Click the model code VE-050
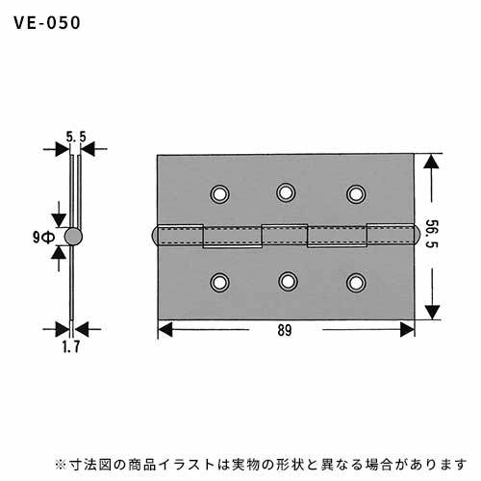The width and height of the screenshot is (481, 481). coord(47,23)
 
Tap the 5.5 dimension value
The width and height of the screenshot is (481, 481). coord(76,137)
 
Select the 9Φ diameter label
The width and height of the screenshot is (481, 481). coord(43,238)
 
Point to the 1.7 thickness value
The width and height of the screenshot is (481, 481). coord(71,346)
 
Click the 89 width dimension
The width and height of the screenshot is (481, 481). coord(285,330)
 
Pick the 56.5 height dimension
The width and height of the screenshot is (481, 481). coord(432,234)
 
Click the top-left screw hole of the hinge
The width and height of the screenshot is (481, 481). coord(220,194)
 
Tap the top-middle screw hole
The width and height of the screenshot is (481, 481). coord(286,192)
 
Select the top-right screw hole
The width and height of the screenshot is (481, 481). coord(356,194)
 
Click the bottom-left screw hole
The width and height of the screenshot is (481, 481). coord(220,283)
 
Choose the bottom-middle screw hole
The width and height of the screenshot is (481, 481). coord(288,281)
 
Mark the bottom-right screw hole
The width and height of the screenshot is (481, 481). coord(356,283)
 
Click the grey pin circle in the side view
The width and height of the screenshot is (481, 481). coord(73,237)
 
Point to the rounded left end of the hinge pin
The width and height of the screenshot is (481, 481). coord(154,236)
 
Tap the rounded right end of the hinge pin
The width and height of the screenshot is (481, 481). coord(416,236)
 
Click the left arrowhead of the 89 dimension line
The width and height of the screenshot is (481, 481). coord(165,330)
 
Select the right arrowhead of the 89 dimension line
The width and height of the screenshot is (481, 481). coord(407,330)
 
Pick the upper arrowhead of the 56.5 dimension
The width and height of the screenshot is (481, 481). coord(432,162)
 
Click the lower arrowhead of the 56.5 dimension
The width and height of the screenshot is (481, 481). coord(432,313)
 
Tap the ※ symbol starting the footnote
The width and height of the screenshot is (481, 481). coord(61,465)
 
